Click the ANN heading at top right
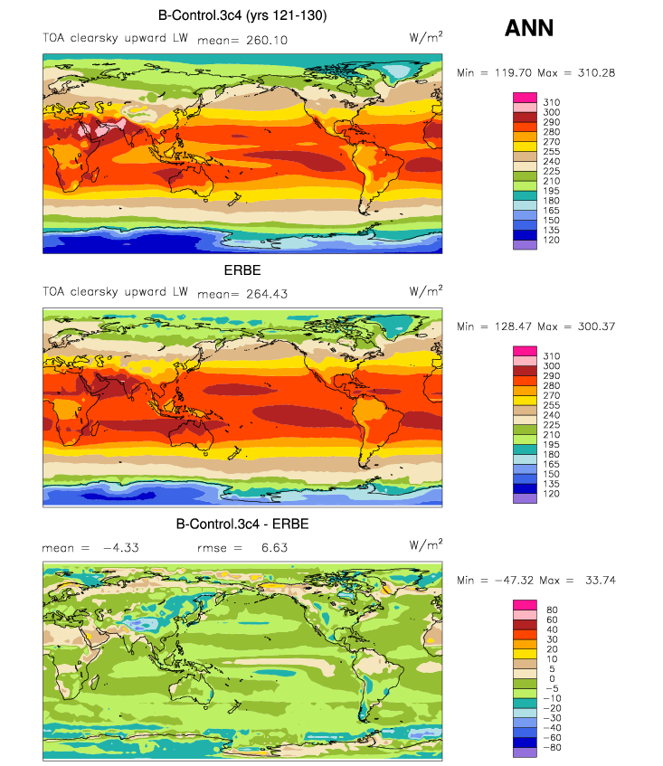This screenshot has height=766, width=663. tap(529, 28)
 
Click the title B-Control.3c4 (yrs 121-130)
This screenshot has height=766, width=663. tap(242, 15)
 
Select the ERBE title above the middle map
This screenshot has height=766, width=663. tap(242, 270)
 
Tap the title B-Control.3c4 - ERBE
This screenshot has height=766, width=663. tap(242, 525)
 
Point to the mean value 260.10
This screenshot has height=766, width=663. tap(267, 40)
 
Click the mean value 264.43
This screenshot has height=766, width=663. tap(267, 294)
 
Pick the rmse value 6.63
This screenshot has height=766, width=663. tap(275, 548)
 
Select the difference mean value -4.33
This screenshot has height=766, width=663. tap(121, 548)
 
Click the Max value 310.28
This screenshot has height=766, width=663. tap(597, 72)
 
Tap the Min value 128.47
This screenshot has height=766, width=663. tap(513, 326)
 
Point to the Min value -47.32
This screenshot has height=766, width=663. tap(514, 581)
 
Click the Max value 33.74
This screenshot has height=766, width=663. tap(601, 581)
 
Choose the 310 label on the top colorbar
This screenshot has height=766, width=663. tap(551, 102)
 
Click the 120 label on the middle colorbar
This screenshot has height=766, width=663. tap(551, 494)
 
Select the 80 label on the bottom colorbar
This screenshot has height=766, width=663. tap(552, 610)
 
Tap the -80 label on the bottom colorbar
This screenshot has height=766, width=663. tap(552, 747)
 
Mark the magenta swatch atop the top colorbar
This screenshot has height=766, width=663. tap(525, 98)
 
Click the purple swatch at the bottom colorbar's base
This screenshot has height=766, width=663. tap(525, 752)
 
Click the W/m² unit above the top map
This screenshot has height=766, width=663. tap(426, 37)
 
